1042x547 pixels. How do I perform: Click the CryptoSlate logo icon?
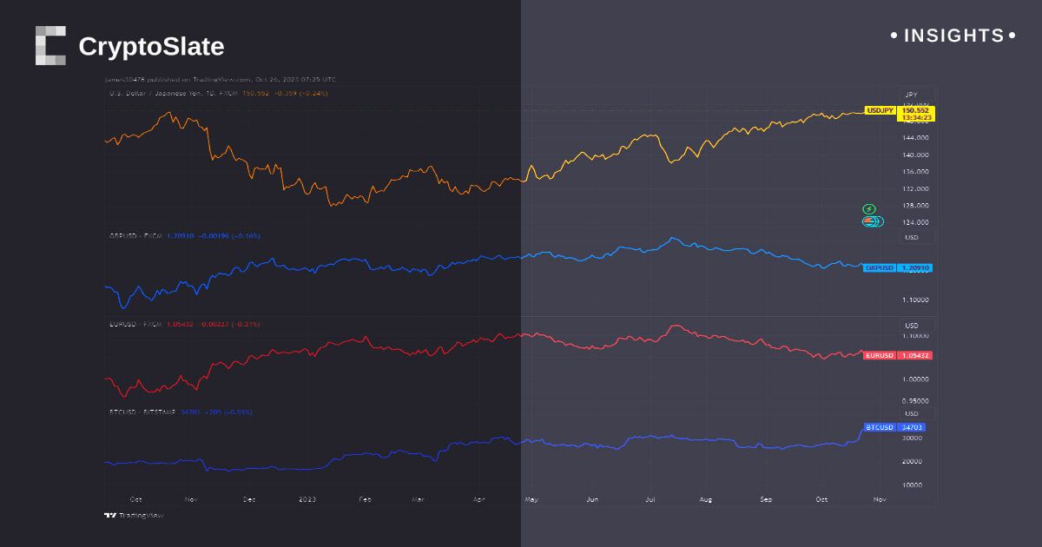[x=50, y=45]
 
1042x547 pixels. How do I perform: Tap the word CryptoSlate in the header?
[x=151, y=46]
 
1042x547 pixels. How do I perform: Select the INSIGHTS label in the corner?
[x=953, y=36]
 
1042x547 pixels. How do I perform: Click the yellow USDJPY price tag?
[x=880, y=110]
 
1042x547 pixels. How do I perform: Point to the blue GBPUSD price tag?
[x=879, y=267]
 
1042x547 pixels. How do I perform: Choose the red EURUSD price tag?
[x=879, y=355]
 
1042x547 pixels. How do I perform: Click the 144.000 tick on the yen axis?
[x=916, y=138]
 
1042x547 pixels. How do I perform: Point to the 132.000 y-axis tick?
[x=916, y=188]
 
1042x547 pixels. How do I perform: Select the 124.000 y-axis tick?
[x=916, y=222]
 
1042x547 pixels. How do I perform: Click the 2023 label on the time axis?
[x=307, y=499]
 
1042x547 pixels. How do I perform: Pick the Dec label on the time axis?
[x=249, y=499]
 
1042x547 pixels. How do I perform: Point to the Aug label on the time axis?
[x=705, y=499]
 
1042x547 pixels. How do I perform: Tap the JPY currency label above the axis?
[x=911, y=94]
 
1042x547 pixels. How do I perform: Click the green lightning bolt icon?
[x=869, y=209]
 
